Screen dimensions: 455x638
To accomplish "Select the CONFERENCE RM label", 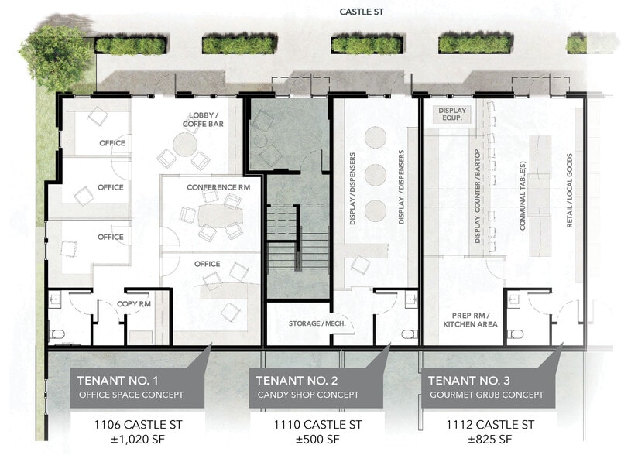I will click(x=218, y=188).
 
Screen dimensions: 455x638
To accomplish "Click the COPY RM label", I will click(x=133, y=304).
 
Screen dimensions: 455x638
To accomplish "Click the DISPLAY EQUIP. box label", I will click(x=453, y=115).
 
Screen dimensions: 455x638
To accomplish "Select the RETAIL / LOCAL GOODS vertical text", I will click(x=571, y=190).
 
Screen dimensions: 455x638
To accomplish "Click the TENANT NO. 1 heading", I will click(x=118, y=380).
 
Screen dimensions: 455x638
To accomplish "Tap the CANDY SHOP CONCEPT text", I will click(x=307, y=395).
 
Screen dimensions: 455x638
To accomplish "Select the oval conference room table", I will click(x=219, y=214).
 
